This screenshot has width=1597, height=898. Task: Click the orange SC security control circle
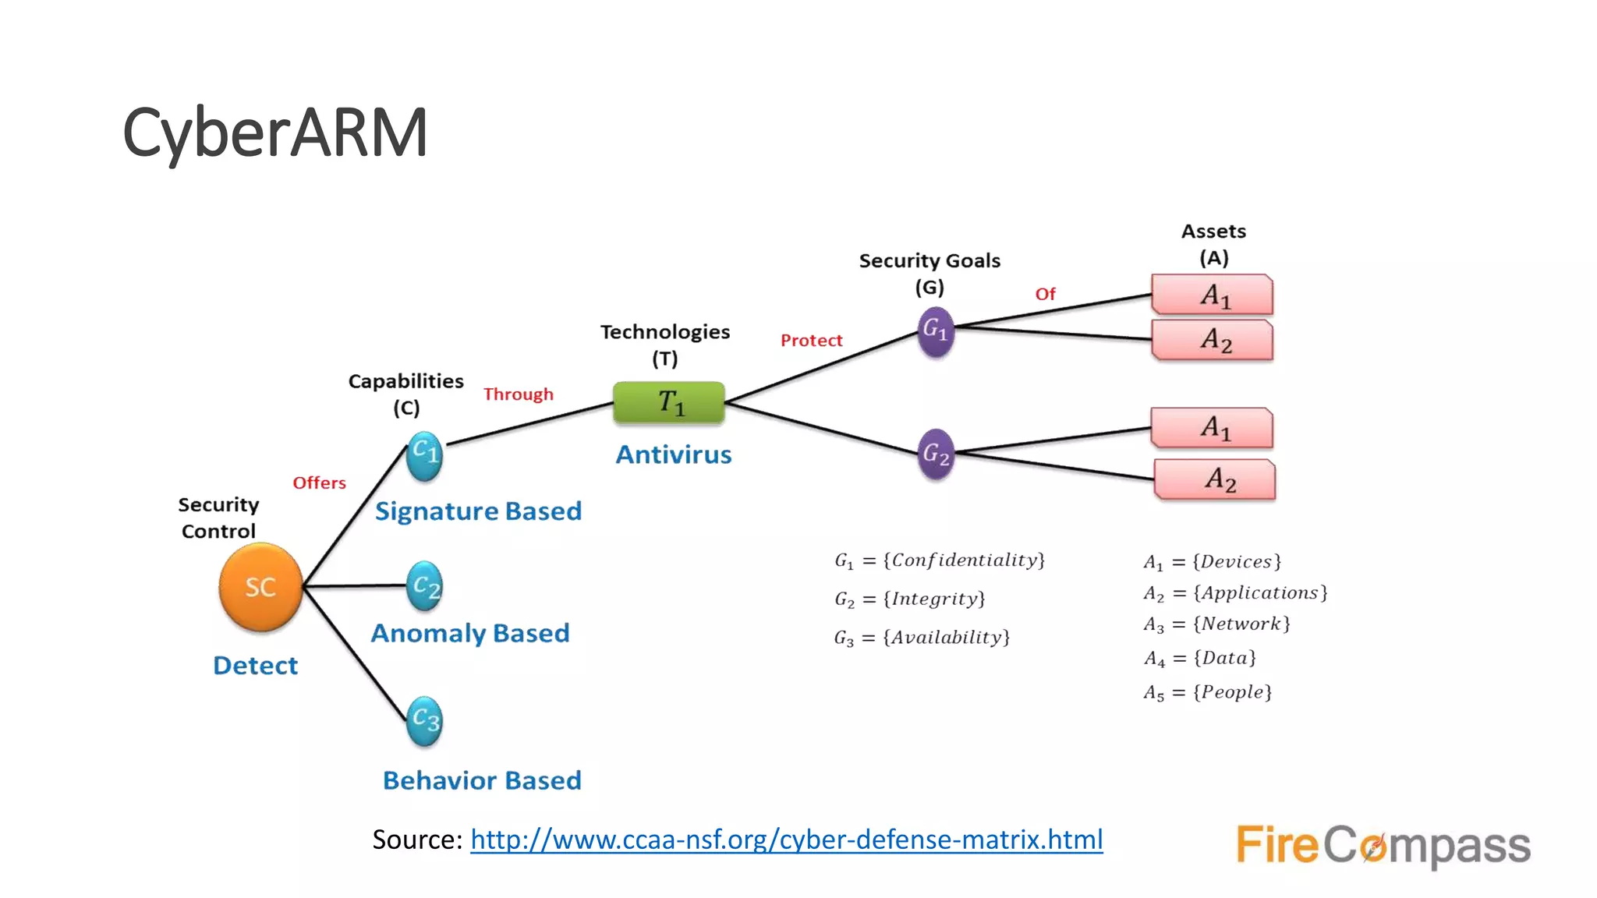(260, 587)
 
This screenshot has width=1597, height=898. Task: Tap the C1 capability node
(425, 455)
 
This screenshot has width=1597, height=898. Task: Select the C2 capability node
(425, 586)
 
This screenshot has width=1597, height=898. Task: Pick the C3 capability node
(425, 720)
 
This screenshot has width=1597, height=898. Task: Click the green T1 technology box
(669, 403)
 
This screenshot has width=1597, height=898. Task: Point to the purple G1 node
(936, 332)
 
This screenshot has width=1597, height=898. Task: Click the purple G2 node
(936, 454)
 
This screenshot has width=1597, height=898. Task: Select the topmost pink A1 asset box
(1213, 295)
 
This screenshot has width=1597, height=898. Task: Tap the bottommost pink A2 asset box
(1215, 479)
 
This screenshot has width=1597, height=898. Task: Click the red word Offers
(319, 483)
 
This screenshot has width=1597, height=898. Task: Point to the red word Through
(518, 394)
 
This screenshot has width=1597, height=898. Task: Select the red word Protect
(811, 341)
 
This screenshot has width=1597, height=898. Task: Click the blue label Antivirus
(674, 454)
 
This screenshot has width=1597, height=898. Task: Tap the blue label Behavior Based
(482, 780)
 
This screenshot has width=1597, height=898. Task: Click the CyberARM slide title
(274, 133)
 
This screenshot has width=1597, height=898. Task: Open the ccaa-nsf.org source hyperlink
(786, 840)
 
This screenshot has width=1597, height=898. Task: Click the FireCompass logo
(1383, 846)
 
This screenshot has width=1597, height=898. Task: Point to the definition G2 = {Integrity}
(909, 599)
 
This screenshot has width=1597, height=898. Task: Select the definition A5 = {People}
(1207, 692)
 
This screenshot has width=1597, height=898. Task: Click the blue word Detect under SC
(256, 666)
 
